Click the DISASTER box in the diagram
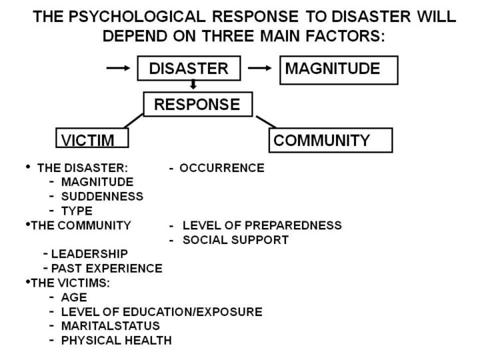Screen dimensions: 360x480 click(x=188, y=69)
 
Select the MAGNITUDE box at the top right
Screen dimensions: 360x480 click(x=338, y=69)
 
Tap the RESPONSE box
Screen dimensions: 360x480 click(x=197, y=104)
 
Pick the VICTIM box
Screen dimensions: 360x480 click(x=91, y=139)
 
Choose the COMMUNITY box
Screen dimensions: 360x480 click(x=331, y=140)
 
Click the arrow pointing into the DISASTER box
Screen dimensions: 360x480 click(x=119, y=68)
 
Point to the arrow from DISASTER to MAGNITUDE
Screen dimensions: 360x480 click(x=259, y=68)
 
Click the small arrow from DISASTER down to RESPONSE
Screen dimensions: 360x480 click(x=193, y=85)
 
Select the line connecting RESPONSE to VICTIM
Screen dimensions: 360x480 click(x=133, y=121)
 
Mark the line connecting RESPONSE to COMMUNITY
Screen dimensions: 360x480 click(x=266, y=121)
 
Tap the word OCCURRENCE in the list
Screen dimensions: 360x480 click(x=222, y=167)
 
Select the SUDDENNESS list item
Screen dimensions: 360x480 click(x=102, y=196)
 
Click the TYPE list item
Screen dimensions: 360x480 click(x=77, y=211)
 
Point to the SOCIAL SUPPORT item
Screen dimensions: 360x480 click(x=235, y=239)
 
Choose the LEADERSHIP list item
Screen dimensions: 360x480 click(x=89, y=254)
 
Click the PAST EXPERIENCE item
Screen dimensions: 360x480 click(x=107, y=268)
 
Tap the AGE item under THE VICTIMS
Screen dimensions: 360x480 click(x=74, y=297)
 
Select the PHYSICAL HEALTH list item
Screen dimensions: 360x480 click(x=116, y=340)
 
